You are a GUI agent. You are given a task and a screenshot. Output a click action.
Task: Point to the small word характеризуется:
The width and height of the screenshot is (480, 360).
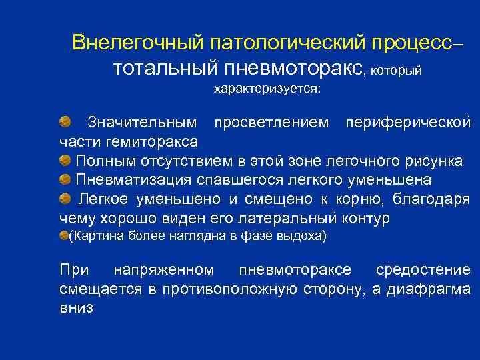(267, 89)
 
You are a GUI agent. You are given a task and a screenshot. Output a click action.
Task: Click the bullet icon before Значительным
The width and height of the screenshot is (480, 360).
(65, 121)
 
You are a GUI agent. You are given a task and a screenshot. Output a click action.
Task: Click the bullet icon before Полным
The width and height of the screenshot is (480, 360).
(65, 161)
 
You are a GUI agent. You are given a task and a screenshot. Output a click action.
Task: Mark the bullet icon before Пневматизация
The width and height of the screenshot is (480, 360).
(65, 180)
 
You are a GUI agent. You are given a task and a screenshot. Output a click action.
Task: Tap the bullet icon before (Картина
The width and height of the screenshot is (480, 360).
(64, 235)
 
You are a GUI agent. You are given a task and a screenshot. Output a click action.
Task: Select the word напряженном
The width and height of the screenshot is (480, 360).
(164, 269)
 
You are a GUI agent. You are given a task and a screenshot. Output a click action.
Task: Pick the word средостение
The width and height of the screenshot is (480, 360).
(423, 269)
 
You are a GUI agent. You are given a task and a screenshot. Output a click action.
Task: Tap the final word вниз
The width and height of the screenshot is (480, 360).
(76, 308)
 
